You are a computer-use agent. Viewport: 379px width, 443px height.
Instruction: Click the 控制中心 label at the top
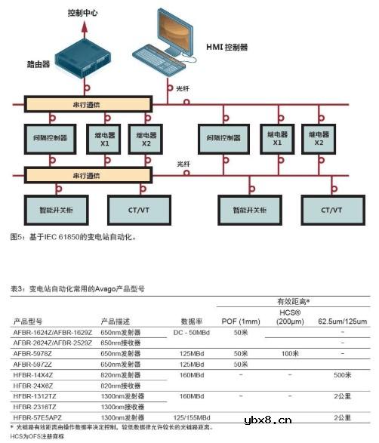pos(84,13)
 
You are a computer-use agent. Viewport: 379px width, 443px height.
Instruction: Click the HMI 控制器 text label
pos(226,47)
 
